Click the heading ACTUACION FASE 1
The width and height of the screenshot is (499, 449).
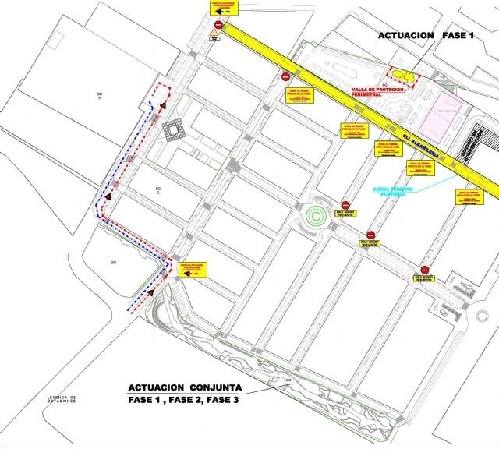(x=425, y=36)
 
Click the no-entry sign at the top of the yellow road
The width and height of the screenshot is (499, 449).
(x=219, y=25)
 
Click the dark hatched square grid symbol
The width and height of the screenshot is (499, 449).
(x=173, y=130)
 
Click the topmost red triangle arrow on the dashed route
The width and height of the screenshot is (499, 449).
(x=165, y=104)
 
